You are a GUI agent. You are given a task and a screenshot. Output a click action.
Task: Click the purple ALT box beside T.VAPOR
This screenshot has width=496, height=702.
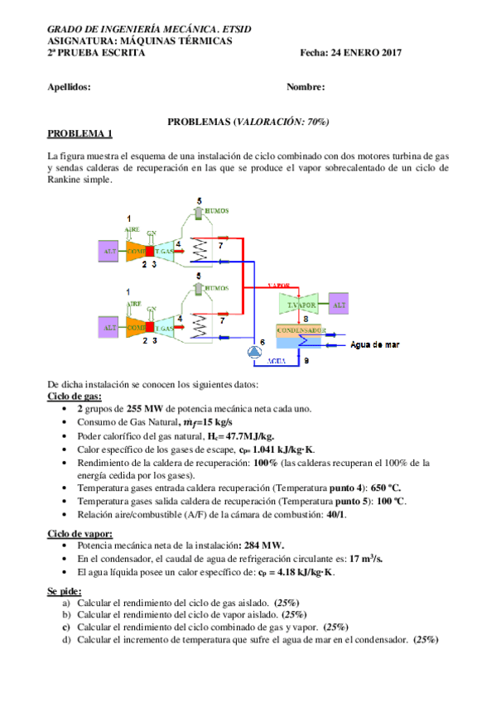tap(339, 304)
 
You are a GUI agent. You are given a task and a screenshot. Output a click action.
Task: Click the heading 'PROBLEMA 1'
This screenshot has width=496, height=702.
tap(79, 133)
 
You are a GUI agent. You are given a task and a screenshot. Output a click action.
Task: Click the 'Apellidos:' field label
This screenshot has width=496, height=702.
tap(70, 87)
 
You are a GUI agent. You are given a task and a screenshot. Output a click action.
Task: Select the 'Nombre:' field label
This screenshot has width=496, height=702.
tap(306, 87)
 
